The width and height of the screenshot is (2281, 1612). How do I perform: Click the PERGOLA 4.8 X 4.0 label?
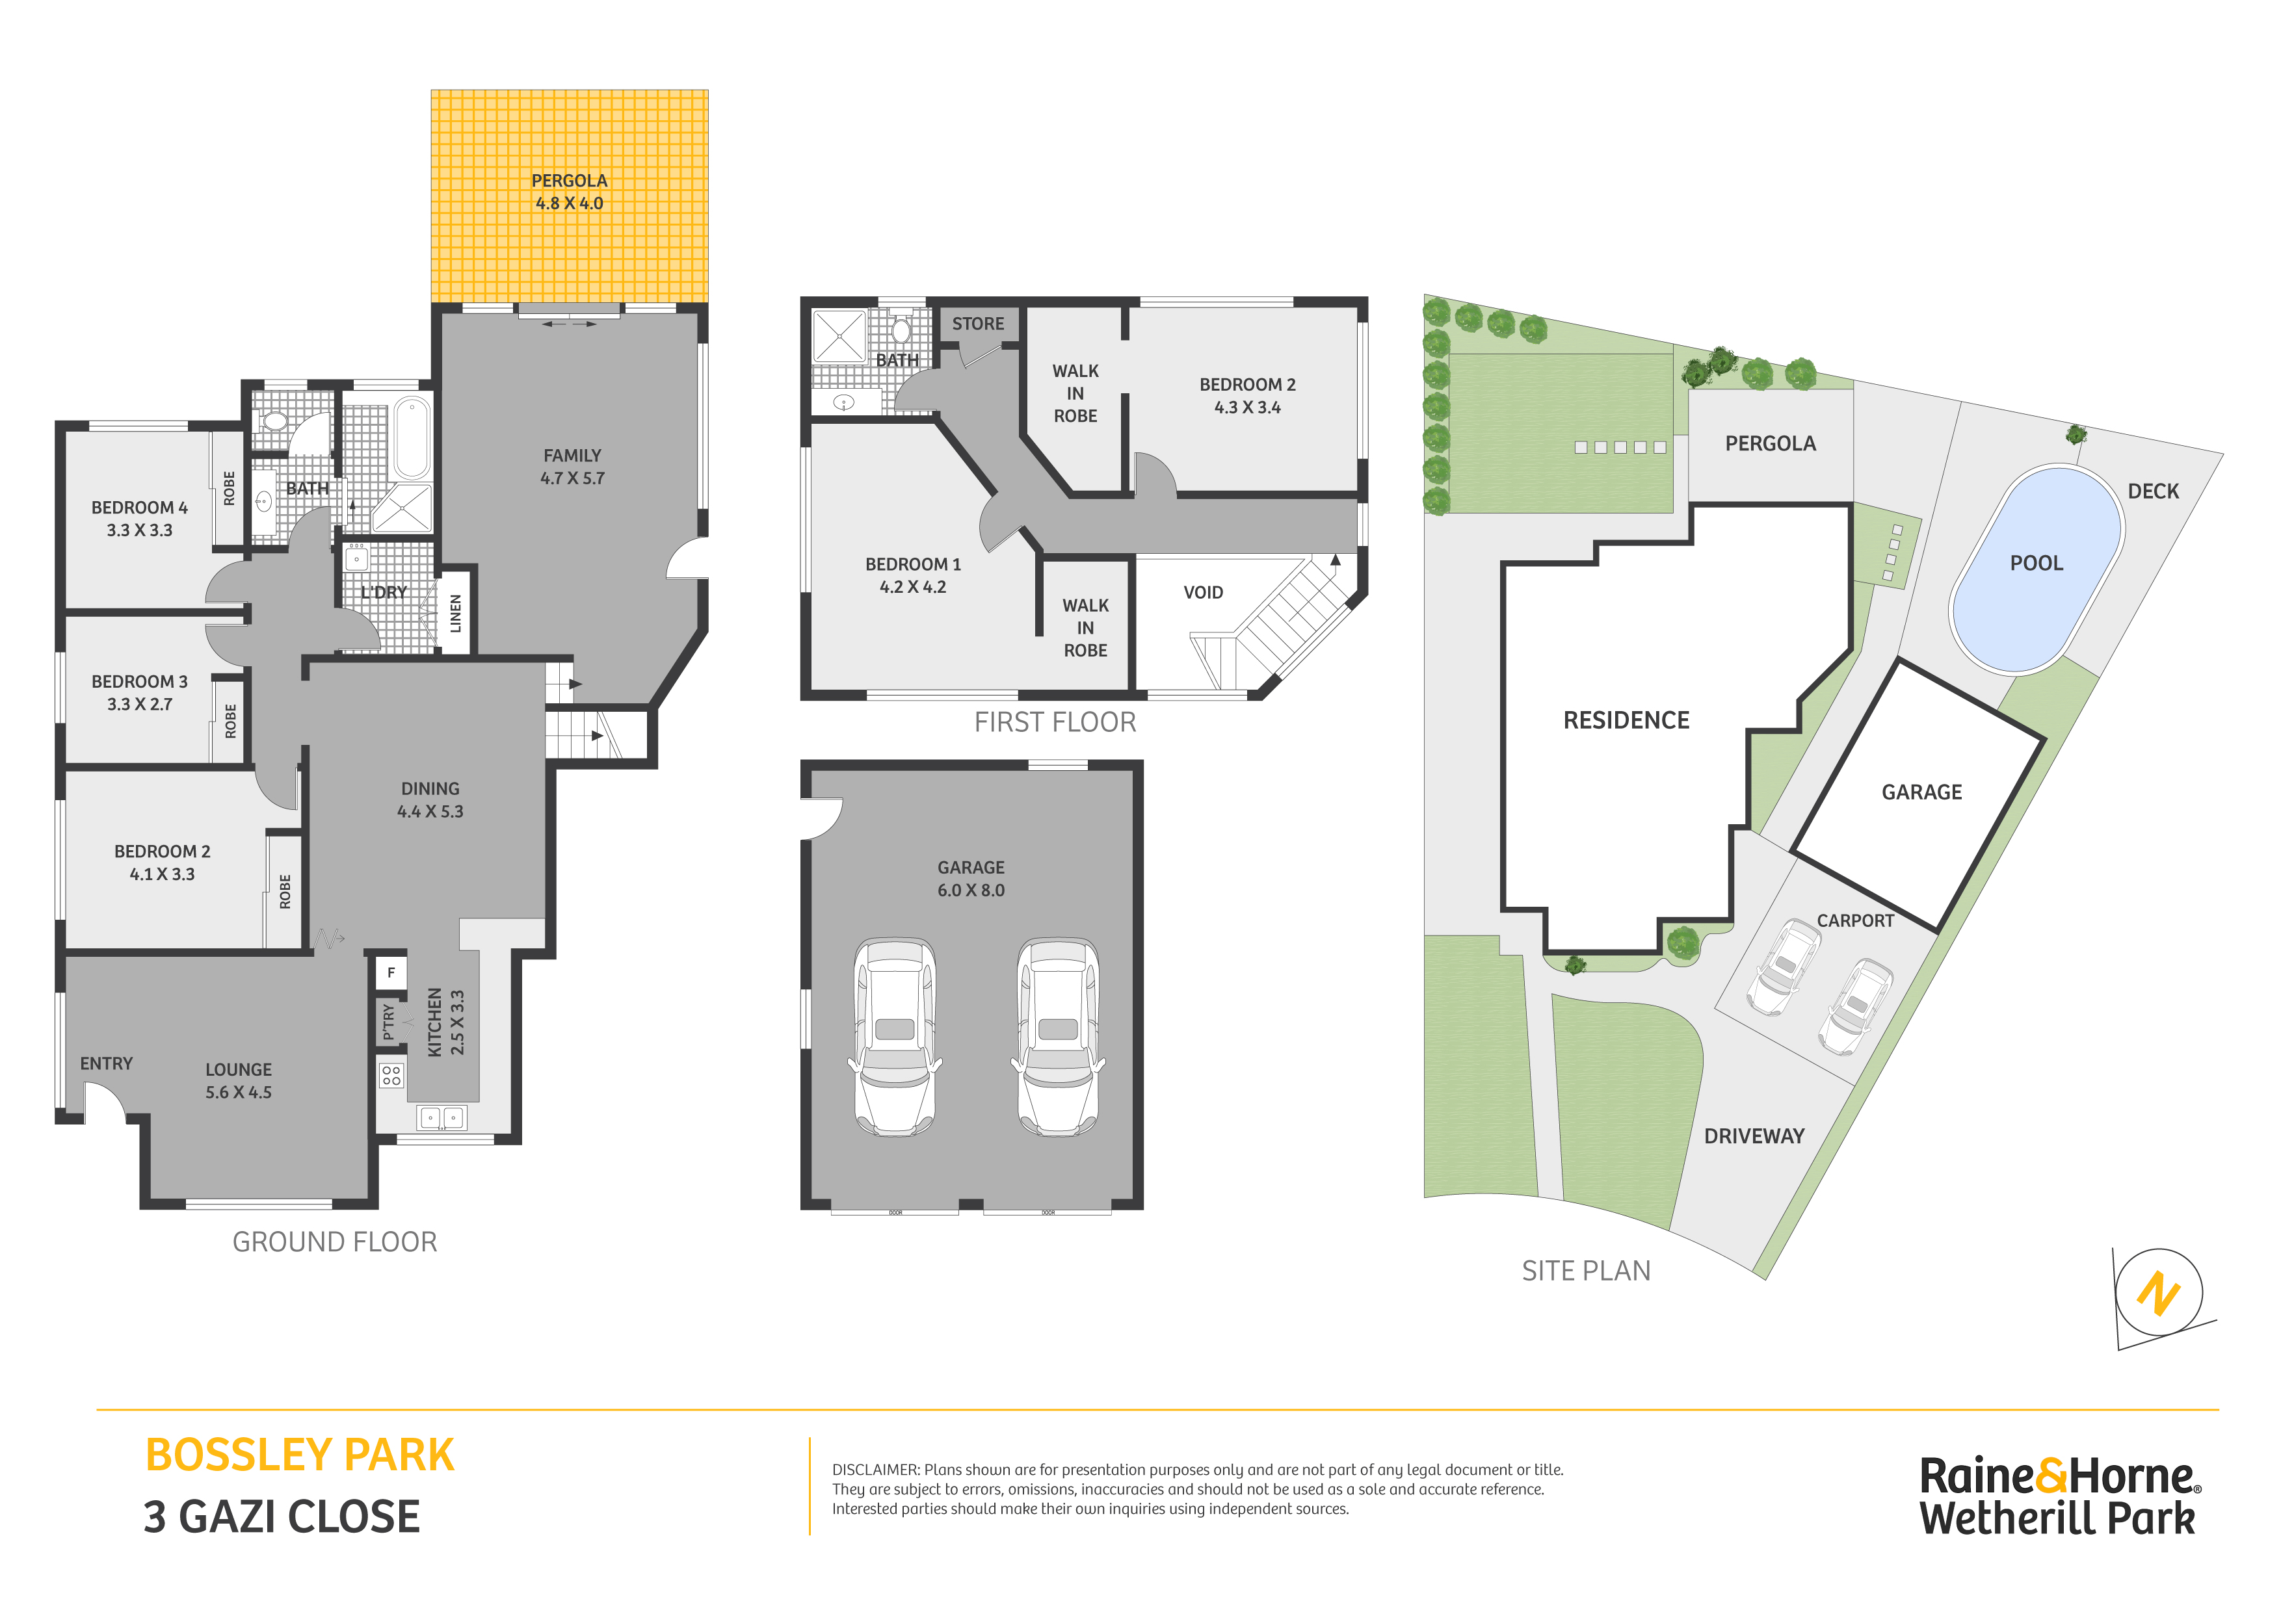pyautogui.click(x=569, y=192)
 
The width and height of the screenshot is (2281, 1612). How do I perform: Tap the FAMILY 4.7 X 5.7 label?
pyautogui.click(x=572, y=467)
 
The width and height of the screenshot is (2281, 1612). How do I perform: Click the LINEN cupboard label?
pyautogui.click(x=456, y=613)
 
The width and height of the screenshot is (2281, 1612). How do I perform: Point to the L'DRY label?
pyautogui.click(x=384, y=592)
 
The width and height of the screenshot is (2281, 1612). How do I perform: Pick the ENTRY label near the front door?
pyautogui.click(x=106, y=1064)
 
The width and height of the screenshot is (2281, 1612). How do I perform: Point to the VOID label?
pyautogui.click(x=1203, y=593)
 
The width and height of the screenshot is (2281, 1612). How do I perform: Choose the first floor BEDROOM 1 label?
pyautogui.click(x=913, y=575)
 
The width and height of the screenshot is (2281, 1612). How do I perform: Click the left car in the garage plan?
pyautogui.click(x=895, y=1037)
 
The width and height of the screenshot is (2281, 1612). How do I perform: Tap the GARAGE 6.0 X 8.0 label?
pyautogui.click(x=971, y=879)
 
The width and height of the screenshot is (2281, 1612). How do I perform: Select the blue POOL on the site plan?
pyautogui.click(x=2037, y=569)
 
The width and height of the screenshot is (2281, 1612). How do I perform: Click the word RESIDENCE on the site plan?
pyautogui.click(x=1626, y=720)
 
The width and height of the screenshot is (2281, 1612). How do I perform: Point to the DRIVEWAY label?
pyautogui.click(x=1754, y=1136)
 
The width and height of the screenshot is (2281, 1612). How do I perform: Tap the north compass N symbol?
pyautogui.click(x=2159, y=1293)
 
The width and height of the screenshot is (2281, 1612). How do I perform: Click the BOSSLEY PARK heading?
pyautogui.click(x=300, y=1455)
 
